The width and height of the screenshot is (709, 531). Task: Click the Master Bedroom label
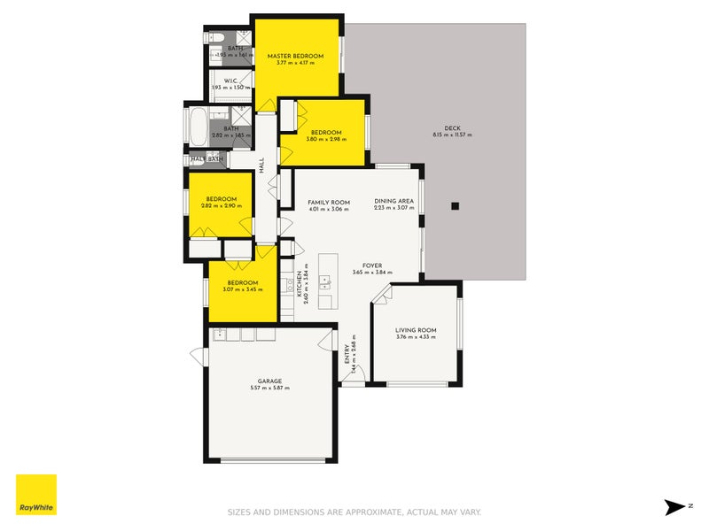pos(295,56)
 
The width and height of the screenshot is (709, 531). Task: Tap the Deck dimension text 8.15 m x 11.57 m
pos(452,135)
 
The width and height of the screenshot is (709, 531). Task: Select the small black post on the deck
pos(455,206)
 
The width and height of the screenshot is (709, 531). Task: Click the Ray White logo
pos(36,495)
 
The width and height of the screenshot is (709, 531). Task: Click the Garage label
pos(269,381)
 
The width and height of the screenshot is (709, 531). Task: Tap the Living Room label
pos(416,330)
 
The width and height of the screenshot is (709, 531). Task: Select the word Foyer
pos(372,265)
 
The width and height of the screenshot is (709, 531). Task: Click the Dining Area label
pos(393,201)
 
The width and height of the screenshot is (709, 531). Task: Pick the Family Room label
pos(329,201)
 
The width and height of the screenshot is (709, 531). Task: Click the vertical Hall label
pos(261,165)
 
